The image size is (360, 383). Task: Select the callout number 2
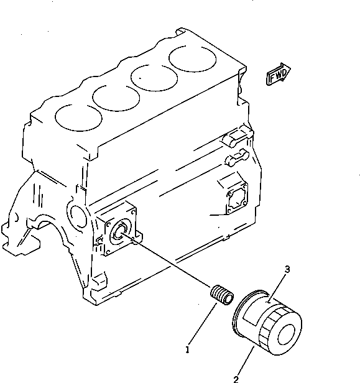tap(236, 378)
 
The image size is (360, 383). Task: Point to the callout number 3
tap(287, 269)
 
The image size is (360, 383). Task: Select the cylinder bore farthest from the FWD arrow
tap(80, 117)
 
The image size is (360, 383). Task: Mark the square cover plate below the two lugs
tap(235, 198)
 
